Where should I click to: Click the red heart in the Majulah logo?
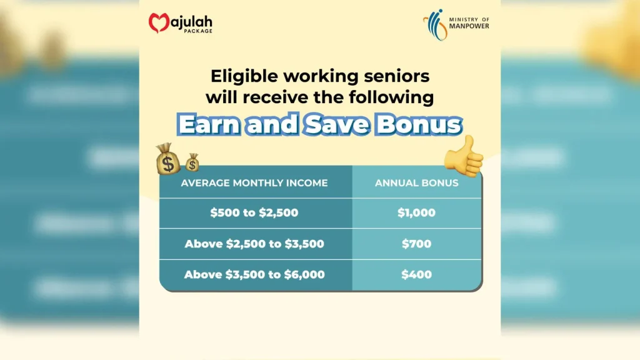coord(159,22)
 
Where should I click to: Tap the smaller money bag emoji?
coord(192,163)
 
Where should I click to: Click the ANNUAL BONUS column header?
coord(416,183)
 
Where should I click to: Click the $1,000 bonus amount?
coord(416,212)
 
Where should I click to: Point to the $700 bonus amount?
coord(416,244)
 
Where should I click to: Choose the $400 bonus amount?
coord(416,274)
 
